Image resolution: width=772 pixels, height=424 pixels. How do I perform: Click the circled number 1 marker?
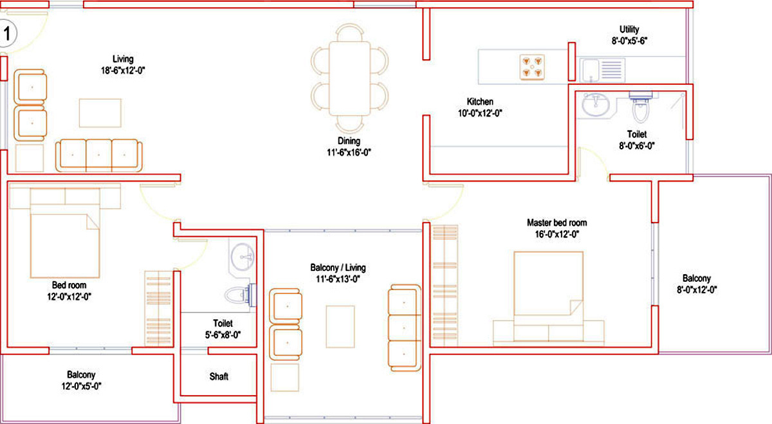[x=7, y=34]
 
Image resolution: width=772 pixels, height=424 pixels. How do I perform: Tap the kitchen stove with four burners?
[x=532, y=67]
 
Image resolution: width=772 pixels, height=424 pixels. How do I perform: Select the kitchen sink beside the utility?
[x=602, y=70]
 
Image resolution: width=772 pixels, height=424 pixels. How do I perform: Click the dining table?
[x=349, y=78]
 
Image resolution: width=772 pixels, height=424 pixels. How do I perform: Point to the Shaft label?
[x=219, y=376]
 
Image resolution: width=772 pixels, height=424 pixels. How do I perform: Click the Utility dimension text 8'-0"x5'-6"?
[x=629, y=41]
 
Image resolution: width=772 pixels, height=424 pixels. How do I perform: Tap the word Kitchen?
[x=480, y=102]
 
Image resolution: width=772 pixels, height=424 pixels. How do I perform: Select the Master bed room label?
[x=557, y=223]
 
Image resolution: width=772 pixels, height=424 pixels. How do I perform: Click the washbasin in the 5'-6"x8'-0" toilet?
[x=243, y=257]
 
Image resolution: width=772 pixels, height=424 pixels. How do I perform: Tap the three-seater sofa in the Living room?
[x=98, y=155]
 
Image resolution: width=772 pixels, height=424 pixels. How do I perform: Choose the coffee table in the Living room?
[x=100, y=113]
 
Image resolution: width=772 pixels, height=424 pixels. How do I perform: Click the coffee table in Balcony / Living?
[x=340, y=326]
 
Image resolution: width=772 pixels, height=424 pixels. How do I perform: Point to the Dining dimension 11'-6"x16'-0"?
[x=349, y=152]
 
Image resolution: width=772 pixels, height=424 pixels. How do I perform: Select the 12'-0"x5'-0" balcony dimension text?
[x=81, y=386]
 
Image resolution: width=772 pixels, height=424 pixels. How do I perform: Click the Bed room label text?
[x=69, y=285]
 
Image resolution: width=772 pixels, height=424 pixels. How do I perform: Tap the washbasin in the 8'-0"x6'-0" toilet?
[x=596, y=104]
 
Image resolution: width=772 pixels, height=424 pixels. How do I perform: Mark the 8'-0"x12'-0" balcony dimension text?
[x=697, y=290]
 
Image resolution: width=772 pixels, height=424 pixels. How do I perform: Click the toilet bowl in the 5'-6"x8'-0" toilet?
[x=240, y=295]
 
